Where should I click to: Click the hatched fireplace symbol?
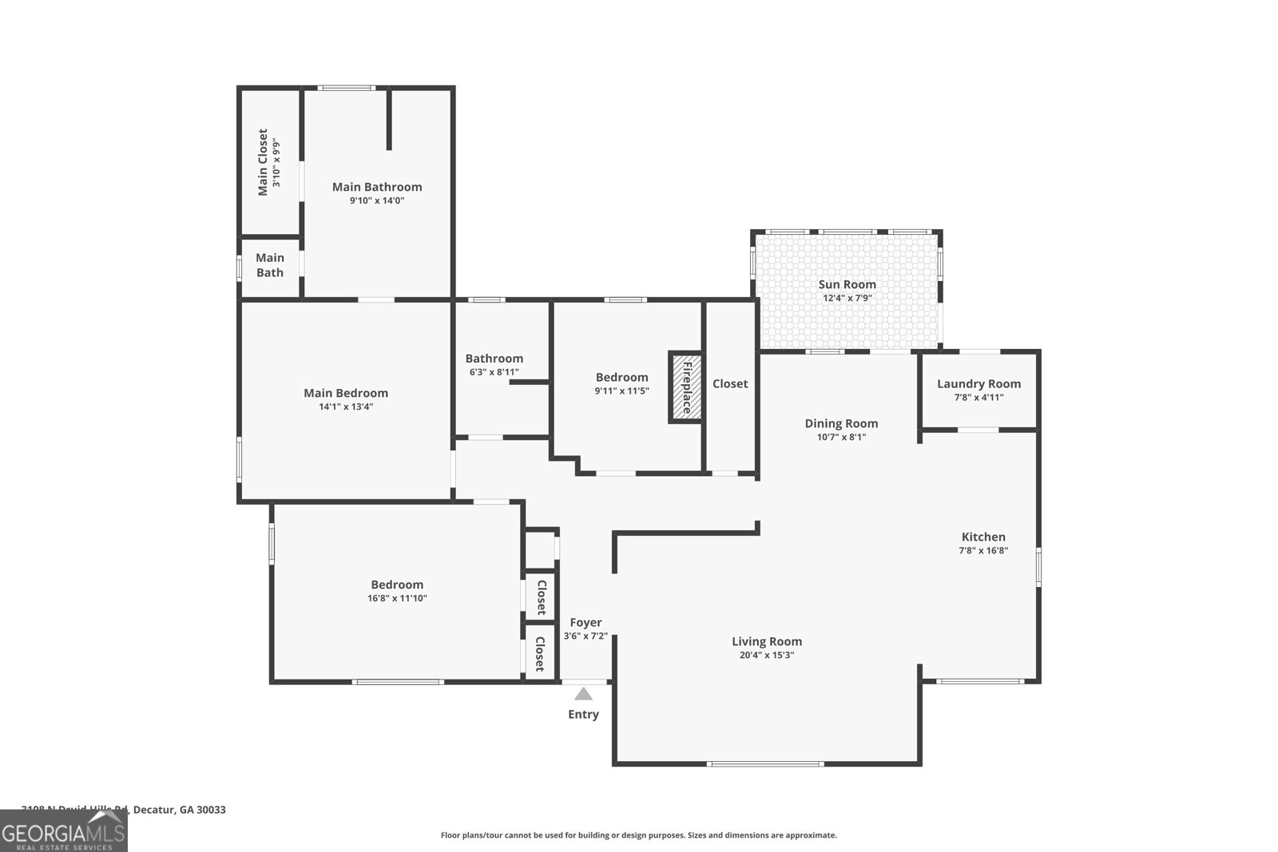(x=685, y=387)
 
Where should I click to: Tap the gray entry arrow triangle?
(x=584, y=694)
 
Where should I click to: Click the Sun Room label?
(x=847, y=284)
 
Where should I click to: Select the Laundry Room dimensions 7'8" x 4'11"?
(x=978, y=398)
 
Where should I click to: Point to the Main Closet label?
(x=262, y=162)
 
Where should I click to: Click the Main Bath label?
(x=270, y=265)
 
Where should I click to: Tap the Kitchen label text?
(x=983, y=537)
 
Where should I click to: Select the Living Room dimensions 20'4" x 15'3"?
(x=767, y=656)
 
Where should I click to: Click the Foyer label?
(x=585, y=623)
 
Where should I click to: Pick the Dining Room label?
(x=841, y=423)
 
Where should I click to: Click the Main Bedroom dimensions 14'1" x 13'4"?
(x=346, y=406)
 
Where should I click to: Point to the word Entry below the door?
(x=583, y=715)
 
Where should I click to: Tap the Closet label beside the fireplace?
(x=730, y=383)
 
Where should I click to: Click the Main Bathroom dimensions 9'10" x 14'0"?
(x=377, y=200)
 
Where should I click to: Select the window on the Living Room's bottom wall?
(x=765, y=764)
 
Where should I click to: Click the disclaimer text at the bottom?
(x=639, y=835)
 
